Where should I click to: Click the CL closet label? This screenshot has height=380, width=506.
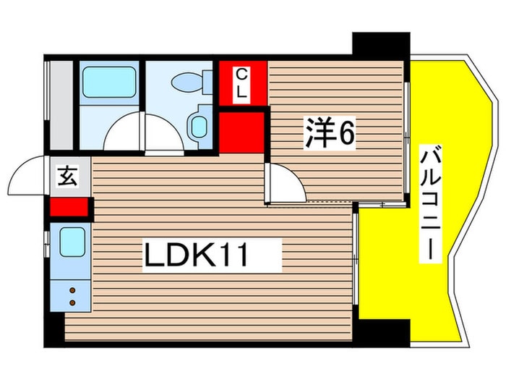pyautogui.click(x=244, y=84)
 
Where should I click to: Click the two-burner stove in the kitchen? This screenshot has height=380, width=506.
pyautogui.click(x=73, y=295)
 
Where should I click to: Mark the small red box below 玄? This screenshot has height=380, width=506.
pyautogui.click(x=69, y=208)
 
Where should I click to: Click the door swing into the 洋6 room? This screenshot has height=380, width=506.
pyautogui.click(x=286, y=183)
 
